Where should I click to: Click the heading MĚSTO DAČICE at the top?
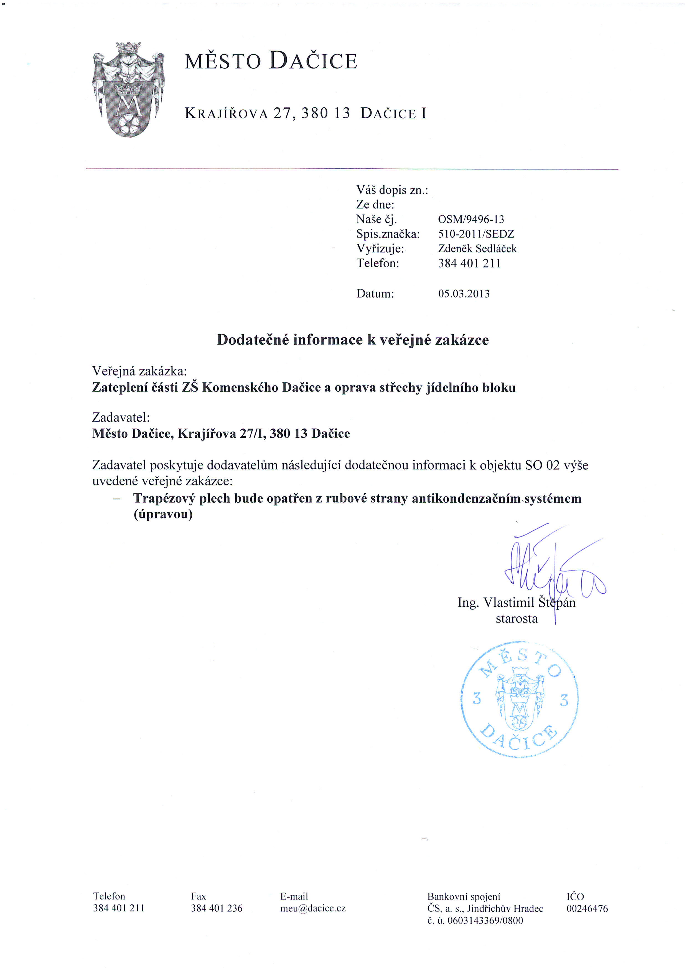point(271,61)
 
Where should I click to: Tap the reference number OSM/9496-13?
point(471,220)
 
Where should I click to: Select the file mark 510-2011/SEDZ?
point(476,234)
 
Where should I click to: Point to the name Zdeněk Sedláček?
point(477,249)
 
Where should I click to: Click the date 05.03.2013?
point(464,294)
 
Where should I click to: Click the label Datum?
point(375,294)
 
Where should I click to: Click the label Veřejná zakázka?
point(139,371)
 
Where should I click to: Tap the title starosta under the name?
point(517,619)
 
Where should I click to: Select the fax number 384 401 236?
point(217,908)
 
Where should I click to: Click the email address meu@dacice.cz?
point(313,908)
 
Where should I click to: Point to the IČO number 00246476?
point(587,909)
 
